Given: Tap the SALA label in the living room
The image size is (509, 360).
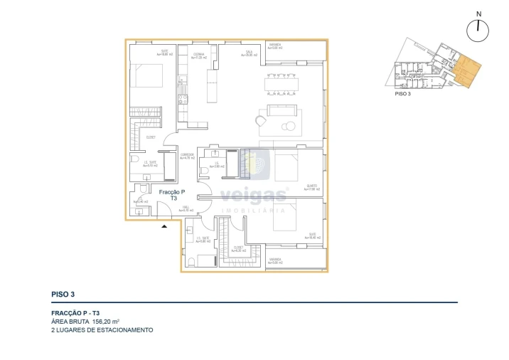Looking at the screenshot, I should click(250, 52).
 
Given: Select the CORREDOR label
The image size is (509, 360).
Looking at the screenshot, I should click(187, 156).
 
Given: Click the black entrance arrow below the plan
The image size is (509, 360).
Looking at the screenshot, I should click(165, 226).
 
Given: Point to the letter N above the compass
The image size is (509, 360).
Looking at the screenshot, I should click(479, 14).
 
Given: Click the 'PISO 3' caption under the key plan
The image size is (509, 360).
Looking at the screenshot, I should click(403, 93).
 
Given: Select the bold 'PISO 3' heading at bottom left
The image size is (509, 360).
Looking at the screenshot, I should click(63, 293).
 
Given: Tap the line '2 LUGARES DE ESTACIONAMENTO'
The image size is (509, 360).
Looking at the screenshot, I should click(102, 330).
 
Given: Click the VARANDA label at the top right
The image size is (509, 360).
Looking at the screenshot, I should click(275, 46).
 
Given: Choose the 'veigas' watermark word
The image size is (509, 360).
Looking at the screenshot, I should click(254, 196).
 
